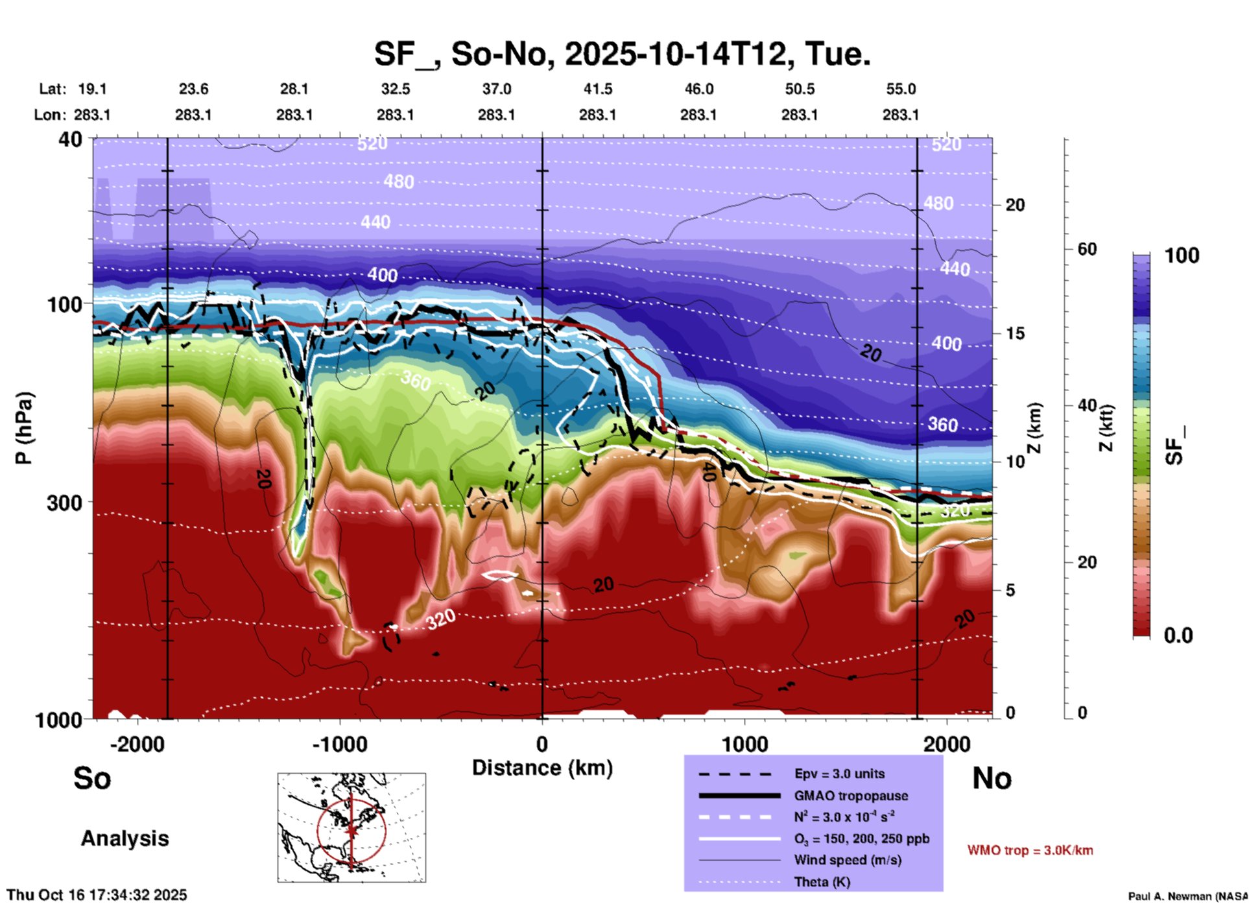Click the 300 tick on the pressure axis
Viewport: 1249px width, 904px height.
tap(65, 503)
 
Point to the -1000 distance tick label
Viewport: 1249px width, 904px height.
tap(339, 744)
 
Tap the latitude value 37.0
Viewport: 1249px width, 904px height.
tap(496, 89)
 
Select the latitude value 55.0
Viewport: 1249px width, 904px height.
tap(901, 89)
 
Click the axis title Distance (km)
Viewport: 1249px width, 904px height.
tap(542, 768)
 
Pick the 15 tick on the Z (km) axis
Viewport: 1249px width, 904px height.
tap(1015, 333)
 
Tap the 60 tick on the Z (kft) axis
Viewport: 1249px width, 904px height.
tap(1087, 249)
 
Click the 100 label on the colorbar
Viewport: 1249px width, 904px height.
tap(1182, 256)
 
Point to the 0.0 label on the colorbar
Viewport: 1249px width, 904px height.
tap(1178, 636)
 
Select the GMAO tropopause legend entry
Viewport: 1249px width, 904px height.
tap(851, 796)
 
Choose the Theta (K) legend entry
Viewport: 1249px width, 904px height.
tap(822, 882)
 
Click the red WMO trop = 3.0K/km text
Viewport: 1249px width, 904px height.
tap(1030, 850)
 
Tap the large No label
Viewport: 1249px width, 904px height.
tap(992, 778)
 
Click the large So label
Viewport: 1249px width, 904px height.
tap(92, 778)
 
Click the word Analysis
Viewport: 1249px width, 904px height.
tap(125, 839)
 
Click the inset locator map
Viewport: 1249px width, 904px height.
tap(351, 827)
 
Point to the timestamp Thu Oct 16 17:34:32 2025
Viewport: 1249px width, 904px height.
tap(97, 895)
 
